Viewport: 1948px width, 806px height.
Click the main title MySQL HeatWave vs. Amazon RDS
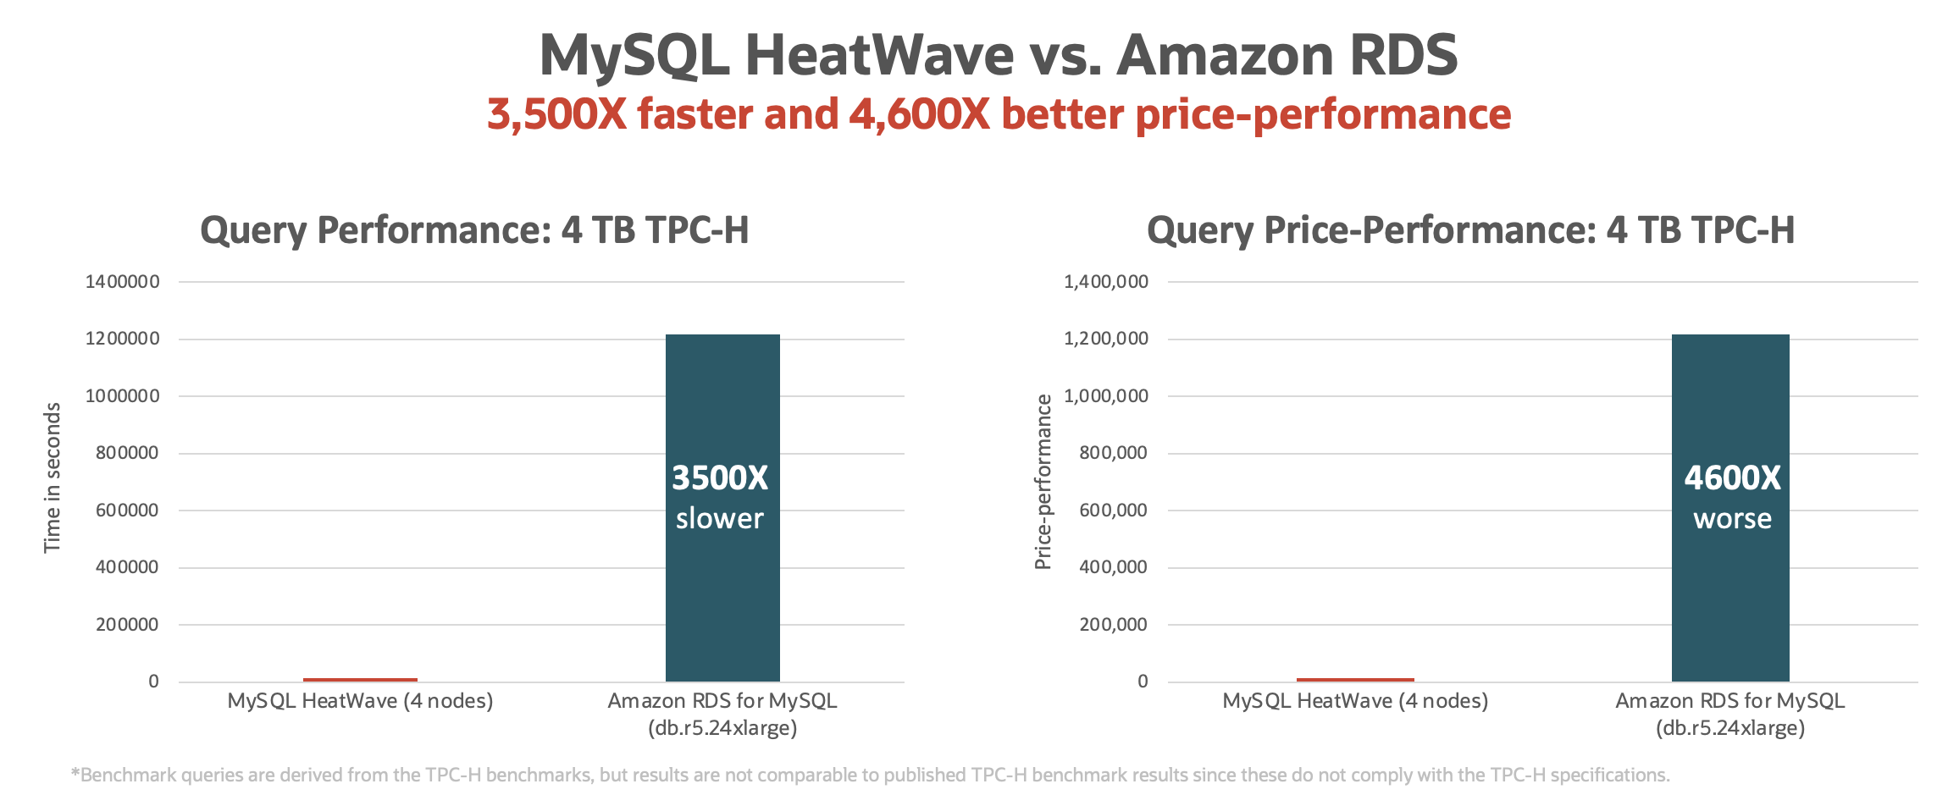pos(999,55)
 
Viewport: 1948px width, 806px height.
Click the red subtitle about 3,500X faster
pos(999,114)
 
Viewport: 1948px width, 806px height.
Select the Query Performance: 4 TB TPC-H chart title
pos(474,230)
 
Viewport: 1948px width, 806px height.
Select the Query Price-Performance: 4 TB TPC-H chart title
pos(1470,230)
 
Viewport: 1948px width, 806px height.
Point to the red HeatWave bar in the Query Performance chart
pos(360,679)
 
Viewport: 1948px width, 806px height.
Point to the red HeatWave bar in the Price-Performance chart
pos(1355,679)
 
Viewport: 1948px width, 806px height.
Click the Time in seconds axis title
pos(53,478)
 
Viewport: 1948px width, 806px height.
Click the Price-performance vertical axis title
pos(1043,482)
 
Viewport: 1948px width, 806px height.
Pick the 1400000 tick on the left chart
pos(122,282)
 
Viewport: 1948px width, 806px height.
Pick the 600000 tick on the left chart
pos(127,511)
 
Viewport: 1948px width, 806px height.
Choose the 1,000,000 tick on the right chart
pos(1106,396)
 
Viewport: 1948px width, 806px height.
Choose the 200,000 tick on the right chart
pos(1113,625)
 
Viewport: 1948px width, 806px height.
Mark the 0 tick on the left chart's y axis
pos(153,682)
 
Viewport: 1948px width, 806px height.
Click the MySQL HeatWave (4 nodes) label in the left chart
pos(360,701)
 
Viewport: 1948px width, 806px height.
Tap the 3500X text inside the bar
pos(720,478)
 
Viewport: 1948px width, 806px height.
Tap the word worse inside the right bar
pos(1732,518)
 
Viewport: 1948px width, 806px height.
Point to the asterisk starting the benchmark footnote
pos(75,773)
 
